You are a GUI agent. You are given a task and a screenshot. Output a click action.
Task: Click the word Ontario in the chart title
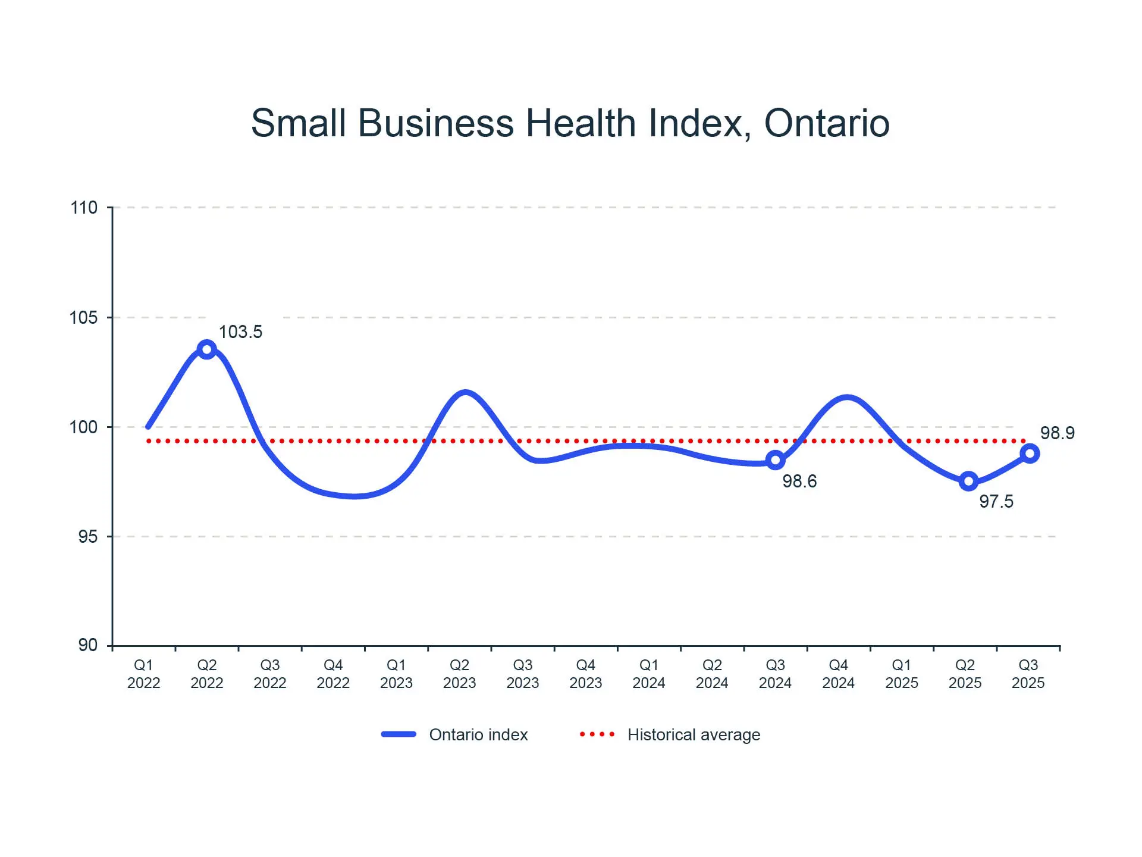pyautogui.click(x=826, y=123)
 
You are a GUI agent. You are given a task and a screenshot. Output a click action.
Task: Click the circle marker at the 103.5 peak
pyautogui.click(x=206, y=349)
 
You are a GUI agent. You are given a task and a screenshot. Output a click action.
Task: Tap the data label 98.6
pyautogui.click(x=799, y=481)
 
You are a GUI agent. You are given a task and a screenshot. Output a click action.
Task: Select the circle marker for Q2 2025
pyautogui.click(x=968, y=481)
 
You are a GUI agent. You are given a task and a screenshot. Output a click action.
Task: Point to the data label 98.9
pyautogui.click(x=1057, y=433)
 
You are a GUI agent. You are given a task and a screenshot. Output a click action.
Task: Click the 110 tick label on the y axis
pyautogui.click(x=84, y=208)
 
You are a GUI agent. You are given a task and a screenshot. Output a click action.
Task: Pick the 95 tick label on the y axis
pyautogui.click(x=87, y=537)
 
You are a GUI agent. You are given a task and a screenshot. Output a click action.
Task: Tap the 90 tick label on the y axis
pyautogui.click(x=87, y=645)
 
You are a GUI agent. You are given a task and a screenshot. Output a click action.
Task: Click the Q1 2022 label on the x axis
pyautogui.click(x=143, y=674)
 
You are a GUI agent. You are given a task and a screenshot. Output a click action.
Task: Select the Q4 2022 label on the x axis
pyautogui.click(x=333, y=674)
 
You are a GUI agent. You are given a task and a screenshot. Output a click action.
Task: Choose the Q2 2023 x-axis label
pyautogui.click(x=459, y=674)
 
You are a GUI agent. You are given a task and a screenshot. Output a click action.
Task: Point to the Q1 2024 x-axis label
pyautogui.click(x=648, y=674)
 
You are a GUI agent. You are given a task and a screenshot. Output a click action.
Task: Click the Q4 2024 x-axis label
pyautogui.click(x=838, y=674)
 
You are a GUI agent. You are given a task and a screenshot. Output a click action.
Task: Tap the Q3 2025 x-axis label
pyautogui.click(x=1028, y=674)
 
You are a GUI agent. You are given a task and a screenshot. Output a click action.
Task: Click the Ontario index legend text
pyautogui.click(x=478, y=735)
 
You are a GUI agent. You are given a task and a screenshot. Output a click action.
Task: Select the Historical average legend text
pyautogui.click(x=694, y=735)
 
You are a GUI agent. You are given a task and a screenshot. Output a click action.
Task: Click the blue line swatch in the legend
pyautogui.click(x=399, y=734)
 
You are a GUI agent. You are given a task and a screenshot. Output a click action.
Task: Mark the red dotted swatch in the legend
pyautogui.click(x=597, y=734)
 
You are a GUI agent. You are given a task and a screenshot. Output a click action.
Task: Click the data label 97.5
pyautogui.click(x=996, y=501)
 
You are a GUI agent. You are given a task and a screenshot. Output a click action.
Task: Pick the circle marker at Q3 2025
pyautogui.click(x=1030, y=454)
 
